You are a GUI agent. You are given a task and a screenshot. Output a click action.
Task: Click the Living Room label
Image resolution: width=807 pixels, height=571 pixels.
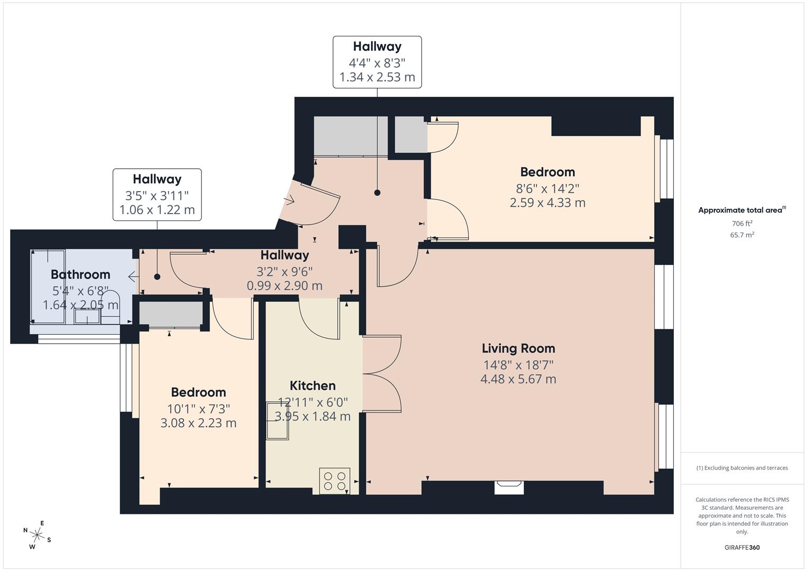pyautogui.click(x=518, y=348)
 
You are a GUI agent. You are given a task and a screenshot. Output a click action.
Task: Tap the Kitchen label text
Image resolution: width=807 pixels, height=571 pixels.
pyautogui.click(x=313, y=386)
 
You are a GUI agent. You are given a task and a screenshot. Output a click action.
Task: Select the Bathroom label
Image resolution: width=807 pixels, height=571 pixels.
pyautogui.click(x=80, y=274)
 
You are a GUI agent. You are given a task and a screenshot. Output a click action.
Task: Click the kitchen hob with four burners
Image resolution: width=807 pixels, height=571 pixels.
pyautogui.click(x=335, y=481)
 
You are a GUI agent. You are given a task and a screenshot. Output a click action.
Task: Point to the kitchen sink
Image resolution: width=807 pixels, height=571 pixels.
pyautogui.click(x=277, y=421)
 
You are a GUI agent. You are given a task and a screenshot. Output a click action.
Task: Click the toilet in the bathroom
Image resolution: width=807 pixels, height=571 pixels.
pyautogui.click(x=110, y=307)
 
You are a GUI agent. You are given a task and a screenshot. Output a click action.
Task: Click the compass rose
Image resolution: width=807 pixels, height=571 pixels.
pyautogui.click(x=37, y=535)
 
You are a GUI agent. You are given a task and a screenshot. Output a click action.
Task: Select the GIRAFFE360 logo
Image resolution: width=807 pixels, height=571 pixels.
pyautogui.click(x=742, y=547)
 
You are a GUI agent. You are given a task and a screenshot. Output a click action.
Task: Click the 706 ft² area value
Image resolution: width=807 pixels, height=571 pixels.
pyautogui.click(x=742, y=223)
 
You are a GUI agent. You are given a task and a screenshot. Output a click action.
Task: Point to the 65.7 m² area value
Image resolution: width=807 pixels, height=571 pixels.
pyautogui.click(x=742, y=235)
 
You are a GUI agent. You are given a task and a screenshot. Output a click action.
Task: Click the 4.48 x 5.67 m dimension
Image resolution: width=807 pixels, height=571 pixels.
pyautogui.click(x=518, y=379)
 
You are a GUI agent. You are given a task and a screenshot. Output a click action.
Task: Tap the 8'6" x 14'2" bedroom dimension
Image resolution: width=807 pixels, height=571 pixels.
pyautogui.click(x=548, y=188)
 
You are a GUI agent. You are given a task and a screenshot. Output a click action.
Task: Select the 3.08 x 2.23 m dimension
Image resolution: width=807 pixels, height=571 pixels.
pyautogui.click(x=199, y=422)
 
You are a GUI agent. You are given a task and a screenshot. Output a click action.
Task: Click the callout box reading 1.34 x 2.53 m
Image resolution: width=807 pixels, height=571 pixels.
pyautogui.click(x=377, y=62)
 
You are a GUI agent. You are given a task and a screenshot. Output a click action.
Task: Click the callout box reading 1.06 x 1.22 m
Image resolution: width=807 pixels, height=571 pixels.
pyautogui.click(x=157, y=195)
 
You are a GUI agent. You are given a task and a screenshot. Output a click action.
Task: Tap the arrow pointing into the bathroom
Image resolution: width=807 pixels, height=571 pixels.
pyautogui.click(x=133, y=277)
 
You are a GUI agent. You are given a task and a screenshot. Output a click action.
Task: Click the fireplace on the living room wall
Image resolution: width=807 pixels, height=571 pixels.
pyautogui.click(x=509, y=487)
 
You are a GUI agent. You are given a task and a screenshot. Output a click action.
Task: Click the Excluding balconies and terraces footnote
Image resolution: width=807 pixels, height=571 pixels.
pyautogui.click(x=742, y=468)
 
